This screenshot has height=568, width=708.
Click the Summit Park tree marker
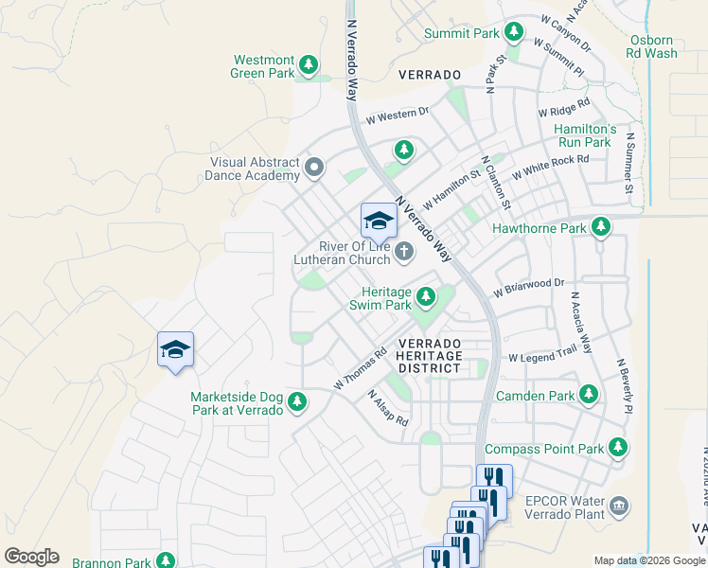click(514, 33)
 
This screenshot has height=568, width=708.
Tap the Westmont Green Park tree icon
click(308, 65)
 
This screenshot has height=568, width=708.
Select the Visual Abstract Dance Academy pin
click(315, 169)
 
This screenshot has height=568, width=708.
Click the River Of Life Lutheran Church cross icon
click(404, 252)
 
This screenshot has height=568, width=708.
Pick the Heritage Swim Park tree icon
click(426, 298)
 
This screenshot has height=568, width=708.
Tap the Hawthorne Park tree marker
click(600, 228)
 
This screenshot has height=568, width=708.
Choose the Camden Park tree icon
click(589, 394)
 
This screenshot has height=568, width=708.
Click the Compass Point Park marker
click(618, 447)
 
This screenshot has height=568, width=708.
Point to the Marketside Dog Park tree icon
click(297, 402)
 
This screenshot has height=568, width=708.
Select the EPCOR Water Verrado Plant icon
click(619, 506)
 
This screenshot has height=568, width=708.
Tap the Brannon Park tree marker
click(166, 561)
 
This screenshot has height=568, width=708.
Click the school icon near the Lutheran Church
click(379, 221)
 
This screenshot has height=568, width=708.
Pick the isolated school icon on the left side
click(175, 350)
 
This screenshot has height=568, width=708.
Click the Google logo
click(31, 557)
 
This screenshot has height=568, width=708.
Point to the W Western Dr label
click(398, 114)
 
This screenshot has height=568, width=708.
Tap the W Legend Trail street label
click(542, 358)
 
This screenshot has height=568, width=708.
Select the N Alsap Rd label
click(388, 408)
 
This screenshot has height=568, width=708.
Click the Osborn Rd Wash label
click(654, 46)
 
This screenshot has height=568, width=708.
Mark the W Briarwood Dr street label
click(527, 285)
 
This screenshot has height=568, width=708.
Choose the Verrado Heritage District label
click(430, 355)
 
